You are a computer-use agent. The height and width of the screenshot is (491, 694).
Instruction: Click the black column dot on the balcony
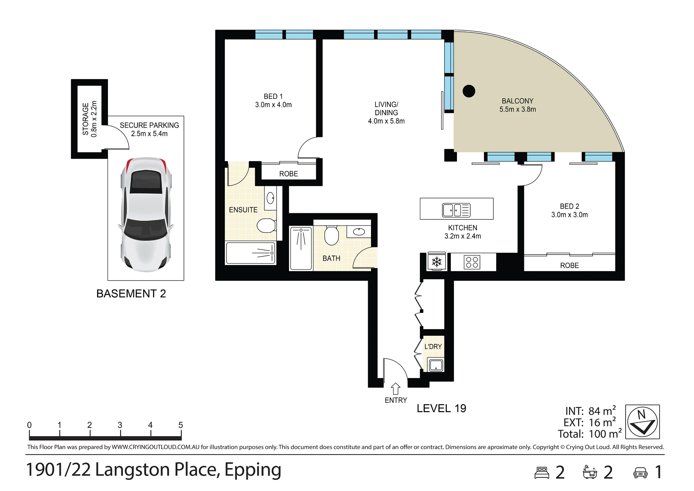tap(469, 91)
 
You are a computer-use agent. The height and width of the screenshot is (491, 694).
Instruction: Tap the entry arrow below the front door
tap(396, 389)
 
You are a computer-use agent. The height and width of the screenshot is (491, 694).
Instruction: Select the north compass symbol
tap(643, 422)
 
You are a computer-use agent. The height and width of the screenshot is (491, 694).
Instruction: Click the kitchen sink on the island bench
tap(456, 210)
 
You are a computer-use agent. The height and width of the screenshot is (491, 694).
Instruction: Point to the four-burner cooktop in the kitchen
tap(472, 262)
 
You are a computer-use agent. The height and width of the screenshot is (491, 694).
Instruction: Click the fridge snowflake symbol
tap(437, 261)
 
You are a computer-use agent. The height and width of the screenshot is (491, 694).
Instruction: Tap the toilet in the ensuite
tap(266, 225)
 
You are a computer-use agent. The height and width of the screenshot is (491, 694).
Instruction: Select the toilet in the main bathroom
tap(331, 235)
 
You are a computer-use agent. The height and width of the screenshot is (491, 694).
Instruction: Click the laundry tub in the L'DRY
tap(436, 365)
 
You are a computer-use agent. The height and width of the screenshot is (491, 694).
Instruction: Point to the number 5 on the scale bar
tap(180, 425)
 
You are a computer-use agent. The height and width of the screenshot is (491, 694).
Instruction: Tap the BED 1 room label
tap(273, 97)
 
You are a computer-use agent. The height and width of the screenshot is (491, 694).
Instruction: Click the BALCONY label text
tap(517, 101)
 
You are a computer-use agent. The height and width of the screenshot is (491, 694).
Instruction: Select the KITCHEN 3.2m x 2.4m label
tap(463, 232)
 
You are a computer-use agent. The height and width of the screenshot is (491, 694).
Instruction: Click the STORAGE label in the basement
tap(85, 119)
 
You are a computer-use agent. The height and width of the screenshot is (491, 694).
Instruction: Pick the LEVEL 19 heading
tap(441, 408)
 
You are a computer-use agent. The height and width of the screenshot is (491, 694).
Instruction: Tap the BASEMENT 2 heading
tap(131, 294)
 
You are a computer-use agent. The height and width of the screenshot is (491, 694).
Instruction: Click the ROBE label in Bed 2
tap(569, 266)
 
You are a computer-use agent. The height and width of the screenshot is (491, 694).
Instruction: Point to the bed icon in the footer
tap(542, 473)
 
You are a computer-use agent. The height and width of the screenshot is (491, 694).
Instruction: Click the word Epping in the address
tap(253, 470)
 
